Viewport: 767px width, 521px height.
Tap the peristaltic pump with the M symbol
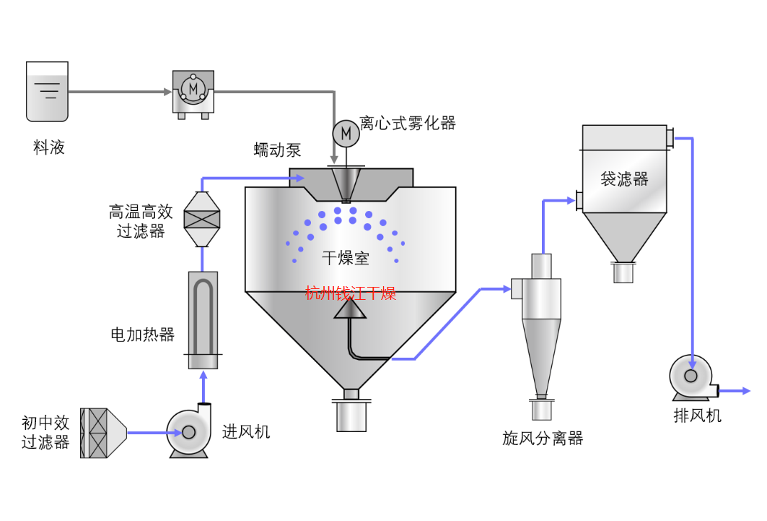(193, 91)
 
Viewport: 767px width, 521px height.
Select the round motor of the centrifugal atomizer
(346, 133)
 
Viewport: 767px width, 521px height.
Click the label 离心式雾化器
(408, 124)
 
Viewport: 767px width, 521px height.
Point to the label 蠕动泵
(277, 150)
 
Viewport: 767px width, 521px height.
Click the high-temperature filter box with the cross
(201, 219)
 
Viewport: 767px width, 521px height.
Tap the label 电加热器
(142, 335)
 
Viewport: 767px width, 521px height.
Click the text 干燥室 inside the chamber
(345, 258)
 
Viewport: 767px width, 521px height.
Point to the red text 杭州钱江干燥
(350, 293)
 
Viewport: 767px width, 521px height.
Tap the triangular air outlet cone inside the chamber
(350, 309)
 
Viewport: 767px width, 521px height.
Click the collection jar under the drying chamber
(351, 415)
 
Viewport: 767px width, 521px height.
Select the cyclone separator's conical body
(541, 354)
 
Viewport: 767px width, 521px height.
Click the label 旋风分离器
(542, 438)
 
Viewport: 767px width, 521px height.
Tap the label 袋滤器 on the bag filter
(624, 178)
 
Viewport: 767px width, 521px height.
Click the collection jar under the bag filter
(623, 272)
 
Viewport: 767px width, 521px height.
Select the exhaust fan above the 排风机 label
(691, 376)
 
